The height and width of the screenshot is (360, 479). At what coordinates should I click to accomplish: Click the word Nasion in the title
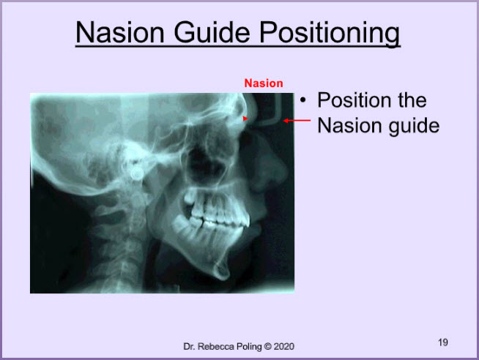[x=120, y=32]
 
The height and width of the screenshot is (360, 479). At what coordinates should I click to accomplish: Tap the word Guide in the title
[x=212, y=32]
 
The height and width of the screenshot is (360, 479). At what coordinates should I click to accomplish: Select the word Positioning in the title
[x=330, y=34]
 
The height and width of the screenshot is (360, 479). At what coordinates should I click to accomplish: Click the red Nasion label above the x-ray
[x=264, y=83]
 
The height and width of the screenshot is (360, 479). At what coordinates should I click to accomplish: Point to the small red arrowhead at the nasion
[x=245, y=119]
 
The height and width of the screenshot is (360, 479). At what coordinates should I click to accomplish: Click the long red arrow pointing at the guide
[x=297, y=121]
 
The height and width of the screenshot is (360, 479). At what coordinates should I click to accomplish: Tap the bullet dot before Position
[x=302, y=100]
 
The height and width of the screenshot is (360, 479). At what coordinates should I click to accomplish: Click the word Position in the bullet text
[x=354, y=100]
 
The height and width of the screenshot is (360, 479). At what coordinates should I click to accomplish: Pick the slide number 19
[x=443, y=342]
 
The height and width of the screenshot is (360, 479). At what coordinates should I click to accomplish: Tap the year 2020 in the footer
[x=283, y=347]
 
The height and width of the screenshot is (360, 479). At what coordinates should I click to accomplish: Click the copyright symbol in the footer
[x=268, y=347]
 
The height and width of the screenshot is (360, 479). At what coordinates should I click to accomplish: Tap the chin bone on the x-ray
[x=223, y=270]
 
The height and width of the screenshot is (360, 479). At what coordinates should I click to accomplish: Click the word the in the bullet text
[x=412, y=100]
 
